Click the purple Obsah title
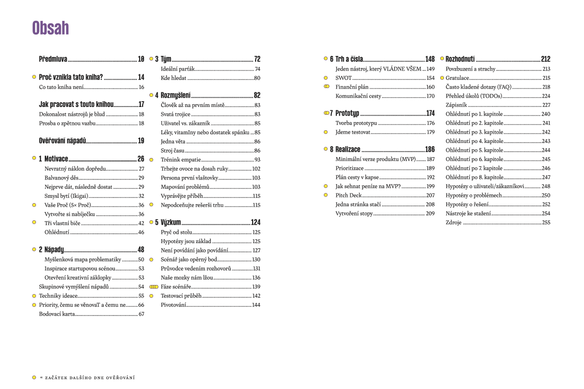pos(51,28)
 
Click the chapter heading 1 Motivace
pos(54,159)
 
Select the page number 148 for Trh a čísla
pos(430,59)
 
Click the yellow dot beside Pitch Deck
pos(326,195)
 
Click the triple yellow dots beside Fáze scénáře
pos(154,287)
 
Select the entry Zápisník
pos(456,105)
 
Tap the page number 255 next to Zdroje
pos(546,223)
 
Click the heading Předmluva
pos(53,59)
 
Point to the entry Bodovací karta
pos(57,314)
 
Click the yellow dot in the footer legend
pos(34,377)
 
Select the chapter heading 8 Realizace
pos(348,150)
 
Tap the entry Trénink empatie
pos(181,159)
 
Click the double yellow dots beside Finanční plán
pos(327,87)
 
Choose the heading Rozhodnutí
pos(460,59)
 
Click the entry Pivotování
pos(173,305)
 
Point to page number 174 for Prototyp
pos(430,113)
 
